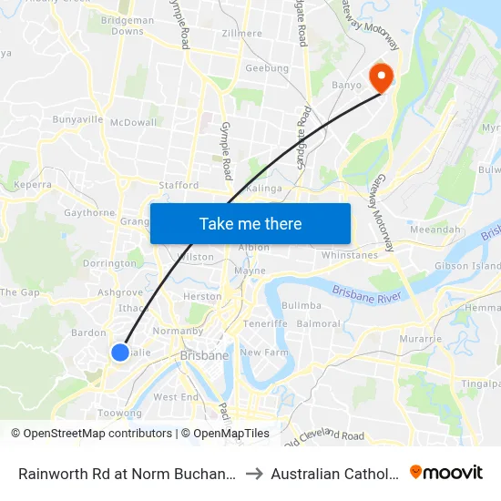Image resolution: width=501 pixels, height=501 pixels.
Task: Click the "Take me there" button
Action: [250, 223]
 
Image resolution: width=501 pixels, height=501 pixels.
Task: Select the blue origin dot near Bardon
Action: [119, 352]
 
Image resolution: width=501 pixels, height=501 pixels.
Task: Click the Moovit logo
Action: [446, 473]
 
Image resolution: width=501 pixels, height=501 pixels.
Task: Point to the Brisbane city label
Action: [204, 355]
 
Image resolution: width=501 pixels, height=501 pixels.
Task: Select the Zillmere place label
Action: [241, 34]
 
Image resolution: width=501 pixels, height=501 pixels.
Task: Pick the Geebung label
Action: [267, 68]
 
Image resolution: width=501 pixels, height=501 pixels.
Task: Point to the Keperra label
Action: [33, 185]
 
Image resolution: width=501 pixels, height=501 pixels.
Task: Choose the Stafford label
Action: [178, 185]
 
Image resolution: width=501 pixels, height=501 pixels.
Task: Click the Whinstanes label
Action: [349, 256]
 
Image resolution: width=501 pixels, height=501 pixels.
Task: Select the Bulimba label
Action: [302, 305]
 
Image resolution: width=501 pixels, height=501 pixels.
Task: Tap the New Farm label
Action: [263, 352]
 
